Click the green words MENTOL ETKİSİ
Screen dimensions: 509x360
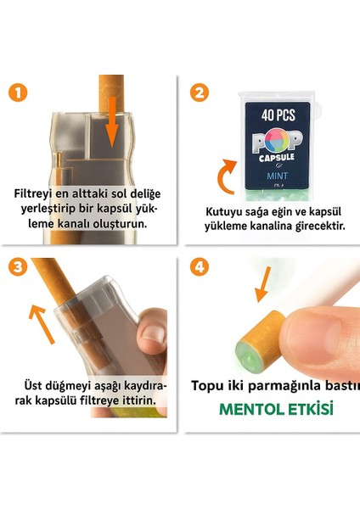click(x=276, y=409)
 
